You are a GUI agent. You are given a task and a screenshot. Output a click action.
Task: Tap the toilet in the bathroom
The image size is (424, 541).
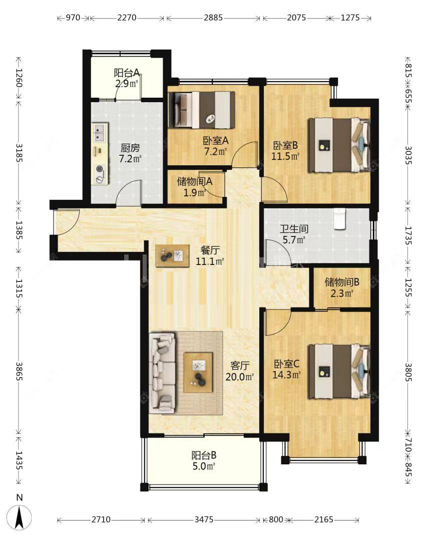coord(339,218)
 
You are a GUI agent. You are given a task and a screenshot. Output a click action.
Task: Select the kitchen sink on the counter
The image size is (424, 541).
coord(100,133)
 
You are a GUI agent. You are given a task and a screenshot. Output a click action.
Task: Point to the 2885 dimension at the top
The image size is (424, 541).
coord(213,18)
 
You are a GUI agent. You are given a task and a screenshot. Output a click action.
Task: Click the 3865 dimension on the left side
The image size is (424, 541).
coord(19,371)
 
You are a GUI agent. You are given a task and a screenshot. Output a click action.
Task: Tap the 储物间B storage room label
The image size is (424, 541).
coord(341,282)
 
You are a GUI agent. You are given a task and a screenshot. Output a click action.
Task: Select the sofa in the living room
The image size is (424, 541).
coord(162,373)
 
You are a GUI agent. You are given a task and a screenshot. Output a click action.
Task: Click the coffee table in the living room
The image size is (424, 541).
coord(198,373)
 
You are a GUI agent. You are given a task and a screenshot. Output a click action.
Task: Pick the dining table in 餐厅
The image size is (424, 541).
coord(172,255)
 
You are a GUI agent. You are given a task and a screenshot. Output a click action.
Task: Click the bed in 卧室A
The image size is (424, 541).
coord(202,110)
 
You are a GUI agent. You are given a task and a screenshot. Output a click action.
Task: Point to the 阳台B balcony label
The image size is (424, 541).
coord(204,455)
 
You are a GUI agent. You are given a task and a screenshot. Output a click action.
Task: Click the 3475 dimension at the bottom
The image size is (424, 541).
coord(204,519)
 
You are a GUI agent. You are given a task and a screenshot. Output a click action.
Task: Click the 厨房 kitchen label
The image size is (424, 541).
coord(130,148)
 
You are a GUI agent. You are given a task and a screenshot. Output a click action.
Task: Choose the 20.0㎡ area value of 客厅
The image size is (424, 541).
coord(240,377)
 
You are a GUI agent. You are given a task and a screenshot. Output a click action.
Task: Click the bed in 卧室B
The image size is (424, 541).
coord(339,145)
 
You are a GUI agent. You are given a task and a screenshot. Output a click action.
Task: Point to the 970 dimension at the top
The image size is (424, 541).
coord(73,18)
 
